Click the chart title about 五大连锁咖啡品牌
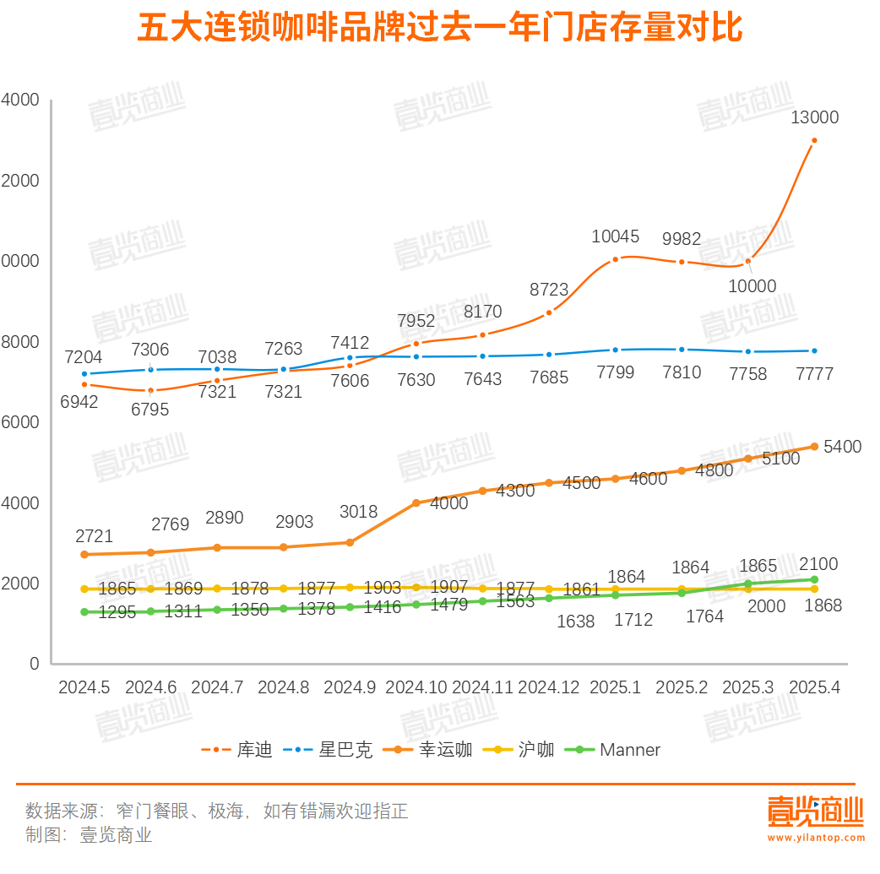(x=439, y=29)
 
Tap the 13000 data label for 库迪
(x=814, y=117)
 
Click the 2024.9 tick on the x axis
(x=349, y=687)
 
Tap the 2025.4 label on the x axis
(x=814, y=687)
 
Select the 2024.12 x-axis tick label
(x=549, y=687)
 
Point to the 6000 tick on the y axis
(x=23, y=422)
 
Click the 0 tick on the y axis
(x=34, y=664)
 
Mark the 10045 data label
(x=615, y=236)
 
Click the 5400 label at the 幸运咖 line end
(x=842, y=447)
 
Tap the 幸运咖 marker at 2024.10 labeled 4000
(x=416, y=502)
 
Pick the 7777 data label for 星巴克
(x=814, y=374)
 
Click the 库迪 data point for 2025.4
(x=814, y=140)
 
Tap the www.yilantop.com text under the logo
(x=816, y=838)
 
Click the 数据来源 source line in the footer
(x=217, y=811)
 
